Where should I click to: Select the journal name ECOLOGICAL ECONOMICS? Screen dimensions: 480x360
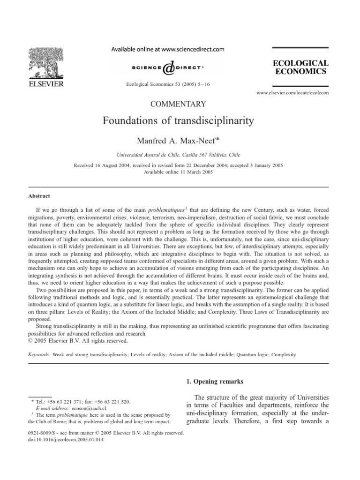click(x=304, y=67)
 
